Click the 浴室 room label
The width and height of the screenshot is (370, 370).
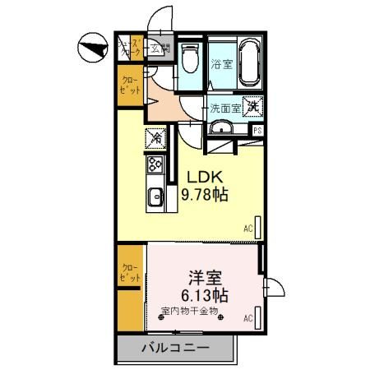[221, 64]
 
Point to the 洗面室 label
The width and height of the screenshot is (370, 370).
[224, 107]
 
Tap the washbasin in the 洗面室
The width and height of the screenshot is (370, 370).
[220, 127]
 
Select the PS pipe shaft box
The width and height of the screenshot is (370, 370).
[257, 131]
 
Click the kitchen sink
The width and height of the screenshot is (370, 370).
[154, 198]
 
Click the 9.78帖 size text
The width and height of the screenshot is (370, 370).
[205, 196]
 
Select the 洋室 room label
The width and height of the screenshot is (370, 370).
[205, 277]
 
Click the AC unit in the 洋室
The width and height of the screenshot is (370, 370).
[258, 317]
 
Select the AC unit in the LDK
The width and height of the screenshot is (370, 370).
[258, 227]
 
